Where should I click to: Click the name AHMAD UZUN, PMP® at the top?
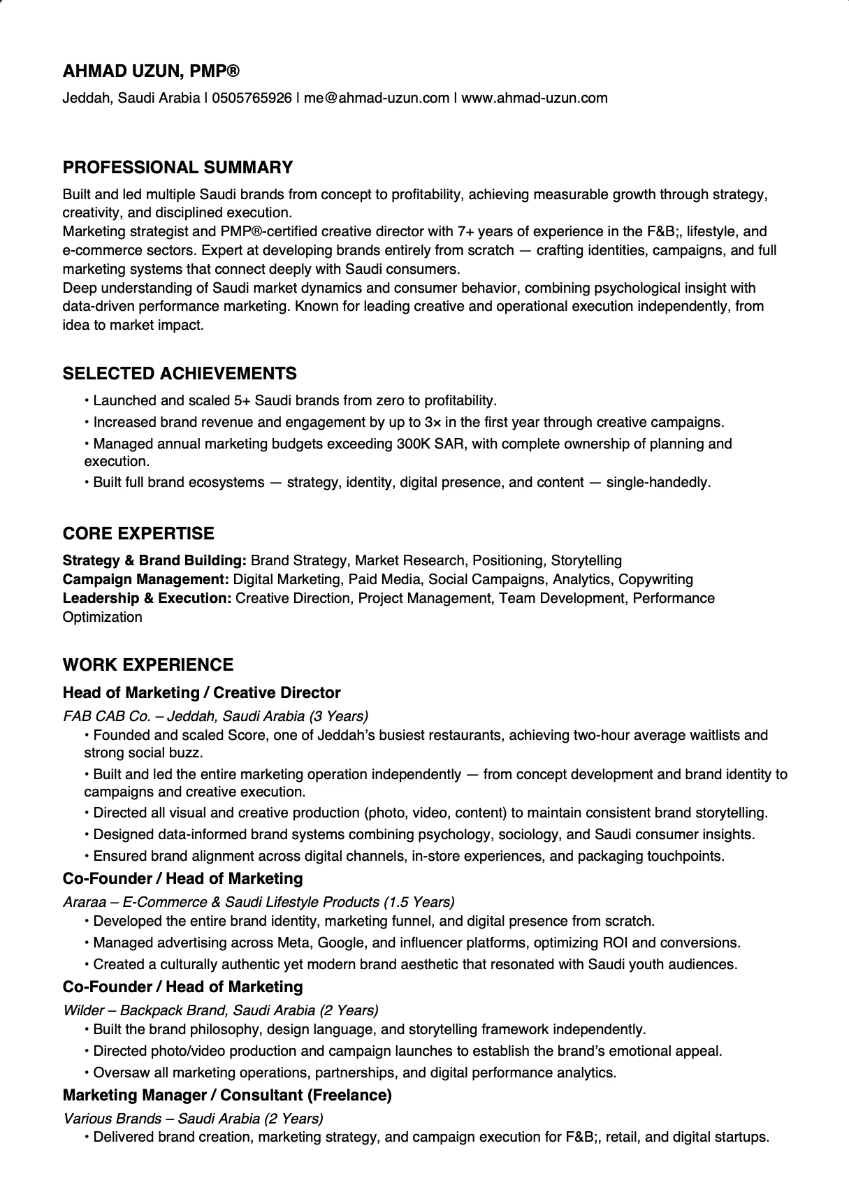(x=151, y=71)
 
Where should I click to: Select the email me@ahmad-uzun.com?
(x=377, y=98)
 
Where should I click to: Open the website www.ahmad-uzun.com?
(x=535, y=98)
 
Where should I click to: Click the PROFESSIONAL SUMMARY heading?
(x=177, y=168)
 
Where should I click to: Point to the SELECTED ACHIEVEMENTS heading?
(x=180, y=373)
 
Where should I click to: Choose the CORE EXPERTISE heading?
(x=138, y=534)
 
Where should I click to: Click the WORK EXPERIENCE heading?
(x=148, y=664)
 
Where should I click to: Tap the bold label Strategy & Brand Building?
(x=154, y=560)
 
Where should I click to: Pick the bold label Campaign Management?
(x=146, y=579)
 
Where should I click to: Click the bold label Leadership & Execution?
(x=147, y=598)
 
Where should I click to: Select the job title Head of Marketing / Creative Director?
(x=201, y=692)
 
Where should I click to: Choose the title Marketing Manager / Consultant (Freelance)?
(x=227, y=1095)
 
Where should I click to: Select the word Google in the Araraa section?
(x=341, y=943)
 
